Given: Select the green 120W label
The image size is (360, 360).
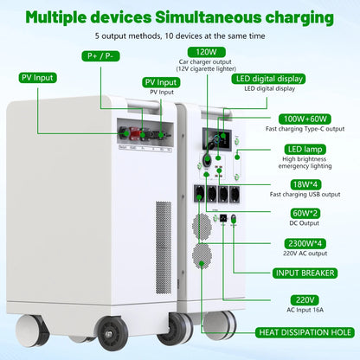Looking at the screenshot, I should point(182,52).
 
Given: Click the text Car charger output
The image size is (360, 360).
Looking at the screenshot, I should point(183,63).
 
